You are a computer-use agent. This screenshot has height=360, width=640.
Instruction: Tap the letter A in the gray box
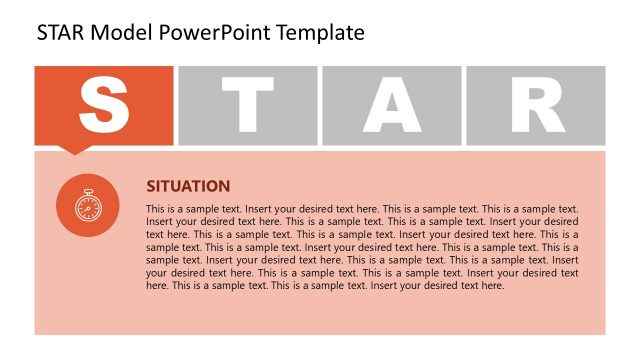point(392,104)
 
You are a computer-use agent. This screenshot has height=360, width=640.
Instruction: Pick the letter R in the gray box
point(535,104)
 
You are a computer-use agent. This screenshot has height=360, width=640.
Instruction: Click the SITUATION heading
point(188,186)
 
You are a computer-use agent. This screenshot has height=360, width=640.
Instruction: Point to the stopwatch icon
point(88,206)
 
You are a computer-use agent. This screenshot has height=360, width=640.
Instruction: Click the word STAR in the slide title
point(61,33)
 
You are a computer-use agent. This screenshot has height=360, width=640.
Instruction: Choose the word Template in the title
point(317,33)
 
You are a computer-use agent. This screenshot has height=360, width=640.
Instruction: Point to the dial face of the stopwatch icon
point(88,208)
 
